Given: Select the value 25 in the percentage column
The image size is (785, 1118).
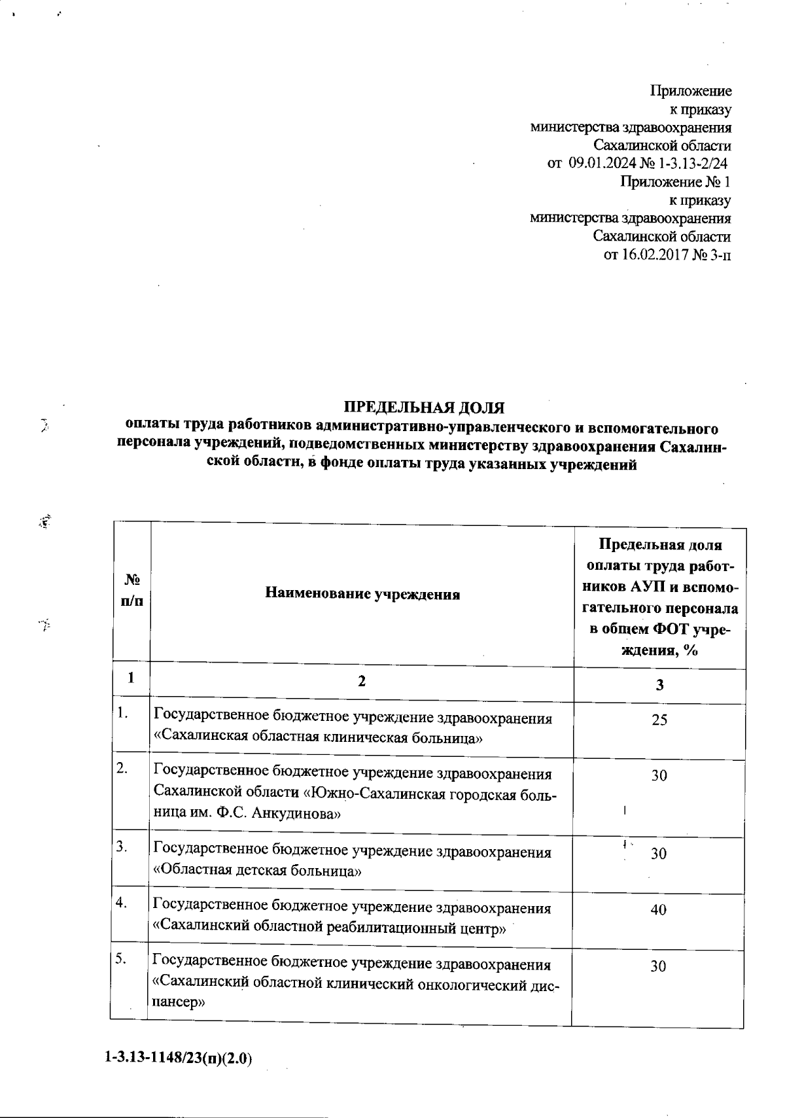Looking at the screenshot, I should click(x=659, y=720).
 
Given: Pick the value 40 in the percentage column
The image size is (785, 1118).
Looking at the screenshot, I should click(x=658, y=909).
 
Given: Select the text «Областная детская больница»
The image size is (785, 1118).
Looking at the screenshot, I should click(x=258, y=871).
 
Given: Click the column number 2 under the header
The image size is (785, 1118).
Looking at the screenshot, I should click(x=362, y=681).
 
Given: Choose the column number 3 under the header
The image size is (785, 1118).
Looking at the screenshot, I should click(x=659, y=685).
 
